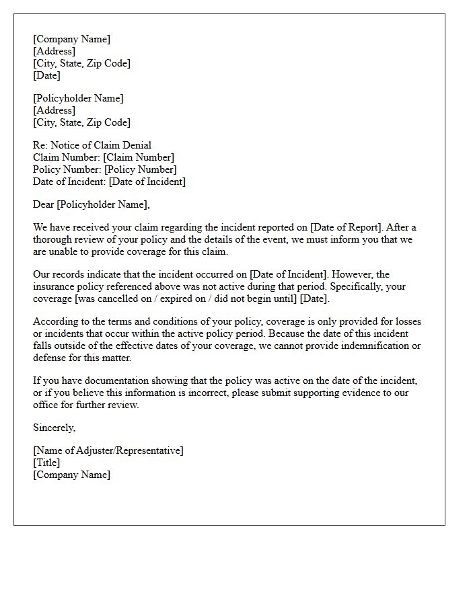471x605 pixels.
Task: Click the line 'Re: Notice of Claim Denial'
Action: tap(92, 145)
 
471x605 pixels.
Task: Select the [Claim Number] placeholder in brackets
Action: tap(139, 157)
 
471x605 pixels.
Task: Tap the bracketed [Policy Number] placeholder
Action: tap(140, 169)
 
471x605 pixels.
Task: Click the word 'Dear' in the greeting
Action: tap(44, 204)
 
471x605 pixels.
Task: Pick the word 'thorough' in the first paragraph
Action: tap(52, 239)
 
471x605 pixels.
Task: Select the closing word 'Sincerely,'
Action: tap(55, 428)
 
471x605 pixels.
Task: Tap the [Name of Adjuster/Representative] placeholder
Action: tap(108, 450)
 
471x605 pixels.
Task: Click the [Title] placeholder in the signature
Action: tap(46, 462)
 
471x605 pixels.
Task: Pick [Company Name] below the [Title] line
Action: tap(71, 475)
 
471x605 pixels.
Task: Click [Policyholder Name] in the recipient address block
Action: tap(78, 98)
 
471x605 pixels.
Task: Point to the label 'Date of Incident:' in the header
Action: tap(69, 182)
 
